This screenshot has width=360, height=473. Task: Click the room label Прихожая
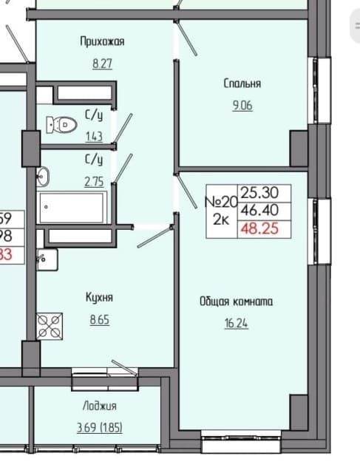pyautogui.click(x=102, y=42)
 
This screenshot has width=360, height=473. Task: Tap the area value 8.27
pyautogui.click(x=102, y=64)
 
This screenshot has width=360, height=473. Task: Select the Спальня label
pyautogui.click(x=242, y=84)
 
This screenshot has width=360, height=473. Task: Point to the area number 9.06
pyautogui.click(x=242, y=106)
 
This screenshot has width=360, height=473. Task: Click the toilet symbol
pyautogui.click(x=61, y=125)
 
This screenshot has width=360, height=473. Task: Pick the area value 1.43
pyautogui.click(x=93, y=137)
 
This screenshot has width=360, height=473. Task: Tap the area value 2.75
pyautogui.click(x=93, y=181)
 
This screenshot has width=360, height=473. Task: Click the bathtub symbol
pyautogui.click(x=72, y=207)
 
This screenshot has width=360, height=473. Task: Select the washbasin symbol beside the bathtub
pyautogui.click(x=43, y=176)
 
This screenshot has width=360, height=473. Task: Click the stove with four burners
pyautogui.click(x=50, y=325)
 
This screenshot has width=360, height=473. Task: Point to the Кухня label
pyautogui.click(x=98, y=297)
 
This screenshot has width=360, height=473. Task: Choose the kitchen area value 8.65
pyautogui.click(x=98, y=321)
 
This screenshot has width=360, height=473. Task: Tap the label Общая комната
pyautogui.click(x=236, y=302)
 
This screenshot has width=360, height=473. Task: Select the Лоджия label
pyautogui.click(x=99, y=406)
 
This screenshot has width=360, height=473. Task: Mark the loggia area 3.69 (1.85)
pyautogui.click(x=99, y=427)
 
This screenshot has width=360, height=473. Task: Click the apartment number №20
pyautogui.click(x=220, y=201)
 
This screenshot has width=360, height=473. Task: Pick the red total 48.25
pyautogui.click(x=264, y=229)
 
